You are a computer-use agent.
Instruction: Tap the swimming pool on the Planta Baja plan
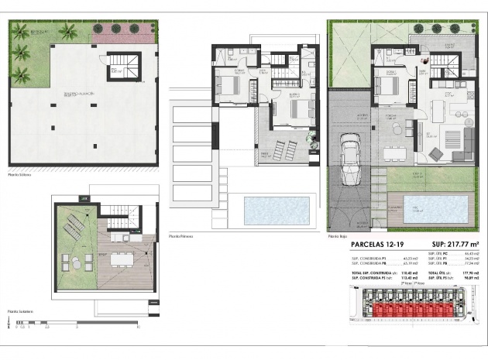[x=437, y=207]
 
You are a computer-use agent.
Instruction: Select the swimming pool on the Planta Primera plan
[x=276, y=207]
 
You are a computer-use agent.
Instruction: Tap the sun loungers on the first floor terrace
[x=284, y=142]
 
